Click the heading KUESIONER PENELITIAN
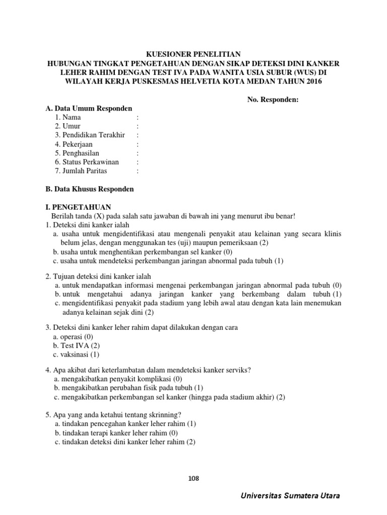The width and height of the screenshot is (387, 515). pyautogui.click(x=193, y=54)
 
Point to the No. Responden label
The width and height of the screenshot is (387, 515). pyautogui.click(x=273, y=100)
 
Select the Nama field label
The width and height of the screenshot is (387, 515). pyautogui.click(x=68, y=117)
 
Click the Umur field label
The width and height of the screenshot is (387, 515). pyautogui.click(x=68, y=126)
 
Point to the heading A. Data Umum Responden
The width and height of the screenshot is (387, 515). pyautogui.click(x=89, y=109)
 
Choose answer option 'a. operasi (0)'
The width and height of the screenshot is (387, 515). pyautogui.click(x=74, y=336)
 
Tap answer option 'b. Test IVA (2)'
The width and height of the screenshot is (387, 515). pyautogui.click(x=77, y=346)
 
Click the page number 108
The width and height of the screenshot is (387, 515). pyautogui.click(x=193, y=478)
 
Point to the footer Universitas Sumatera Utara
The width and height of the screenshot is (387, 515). pyautogui.click(x=290, y=496)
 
